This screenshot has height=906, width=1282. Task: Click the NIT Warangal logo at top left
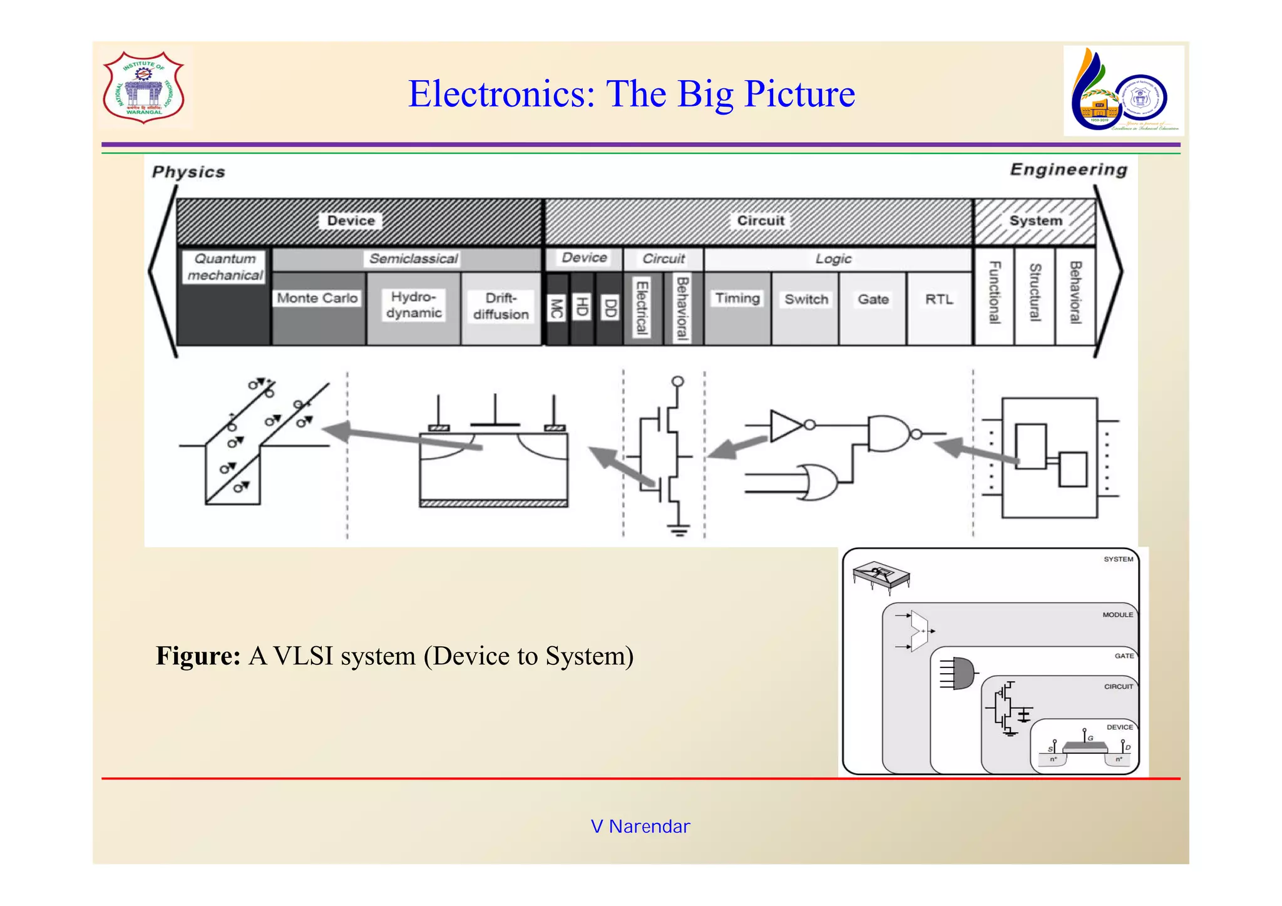click(143, 87)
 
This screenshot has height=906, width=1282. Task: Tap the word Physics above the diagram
click(188, 172)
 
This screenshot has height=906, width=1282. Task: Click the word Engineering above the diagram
click(1068, 170)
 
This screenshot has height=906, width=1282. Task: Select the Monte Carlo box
click(317, 299)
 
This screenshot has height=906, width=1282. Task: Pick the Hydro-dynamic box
click(414, 306)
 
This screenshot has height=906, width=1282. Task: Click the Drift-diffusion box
click(501, 307)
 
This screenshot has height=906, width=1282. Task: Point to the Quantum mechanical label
click(225, 267)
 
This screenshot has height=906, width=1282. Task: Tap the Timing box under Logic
click(737, 299)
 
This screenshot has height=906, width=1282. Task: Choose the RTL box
click(939, 300)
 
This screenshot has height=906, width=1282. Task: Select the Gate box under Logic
click(873, 300)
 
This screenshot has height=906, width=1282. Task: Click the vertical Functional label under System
click(994, 293)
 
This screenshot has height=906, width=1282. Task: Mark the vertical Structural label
click(1035, 293)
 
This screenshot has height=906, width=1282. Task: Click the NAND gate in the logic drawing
click(888, 433)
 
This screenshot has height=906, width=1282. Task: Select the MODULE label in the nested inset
click(1117, 615)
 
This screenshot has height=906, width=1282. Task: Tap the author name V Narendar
click(640, 826)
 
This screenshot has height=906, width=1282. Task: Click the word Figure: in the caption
click(198, 656)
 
